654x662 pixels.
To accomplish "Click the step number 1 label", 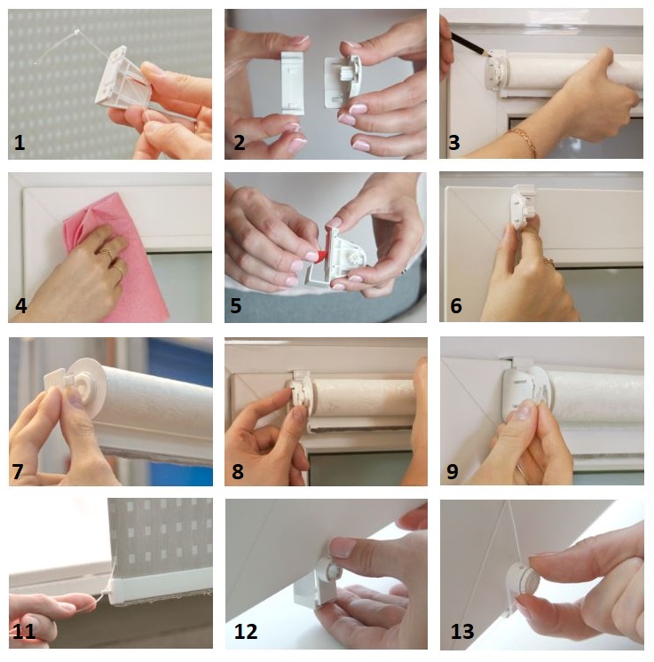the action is coord(20,143).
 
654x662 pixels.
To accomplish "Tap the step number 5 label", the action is coord(235,305).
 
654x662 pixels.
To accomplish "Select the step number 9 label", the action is coord(453,471).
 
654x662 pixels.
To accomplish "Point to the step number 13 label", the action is coord(462,632).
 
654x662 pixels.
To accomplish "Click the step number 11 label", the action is coord(24,632).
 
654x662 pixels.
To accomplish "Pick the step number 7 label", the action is coord(18,471).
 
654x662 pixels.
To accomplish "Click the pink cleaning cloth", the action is coord(114,257).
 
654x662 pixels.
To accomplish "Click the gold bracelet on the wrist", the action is coord(524,140).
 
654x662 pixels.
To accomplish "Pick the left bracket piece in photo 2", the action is coord(292,83).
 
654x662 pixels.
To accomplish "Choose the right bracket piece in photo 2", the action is coord(343,81).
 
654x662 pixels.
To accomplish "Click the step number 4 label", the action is coord(20,305).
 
